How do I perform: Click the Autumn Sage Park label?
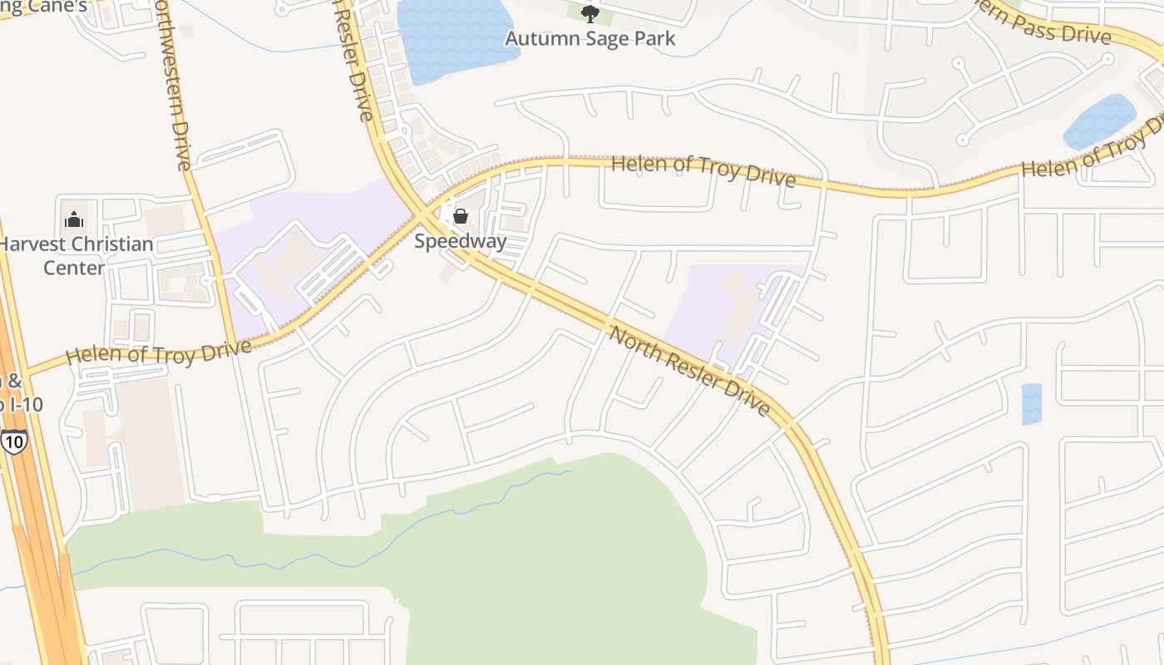point(590,38)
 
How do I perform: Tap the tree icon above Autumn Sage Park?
point(590,13)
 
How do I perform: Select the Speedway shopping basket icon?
point(460,217)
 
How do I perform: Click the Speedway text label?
point(460,242)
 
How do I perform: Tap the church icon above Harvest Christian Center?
point(74,220)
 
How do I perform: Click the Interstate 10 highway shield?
point(13,441)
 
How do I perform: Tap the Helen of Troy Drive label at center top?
point(703,170)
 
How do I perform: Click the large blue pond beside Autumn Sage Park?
point(453,37)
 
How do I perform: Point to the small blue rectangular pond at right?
point(1031,404)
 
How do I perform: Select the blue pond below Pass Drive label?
point(1099,121)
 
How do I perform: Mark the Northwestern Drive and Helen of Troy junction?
point(238,342)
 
